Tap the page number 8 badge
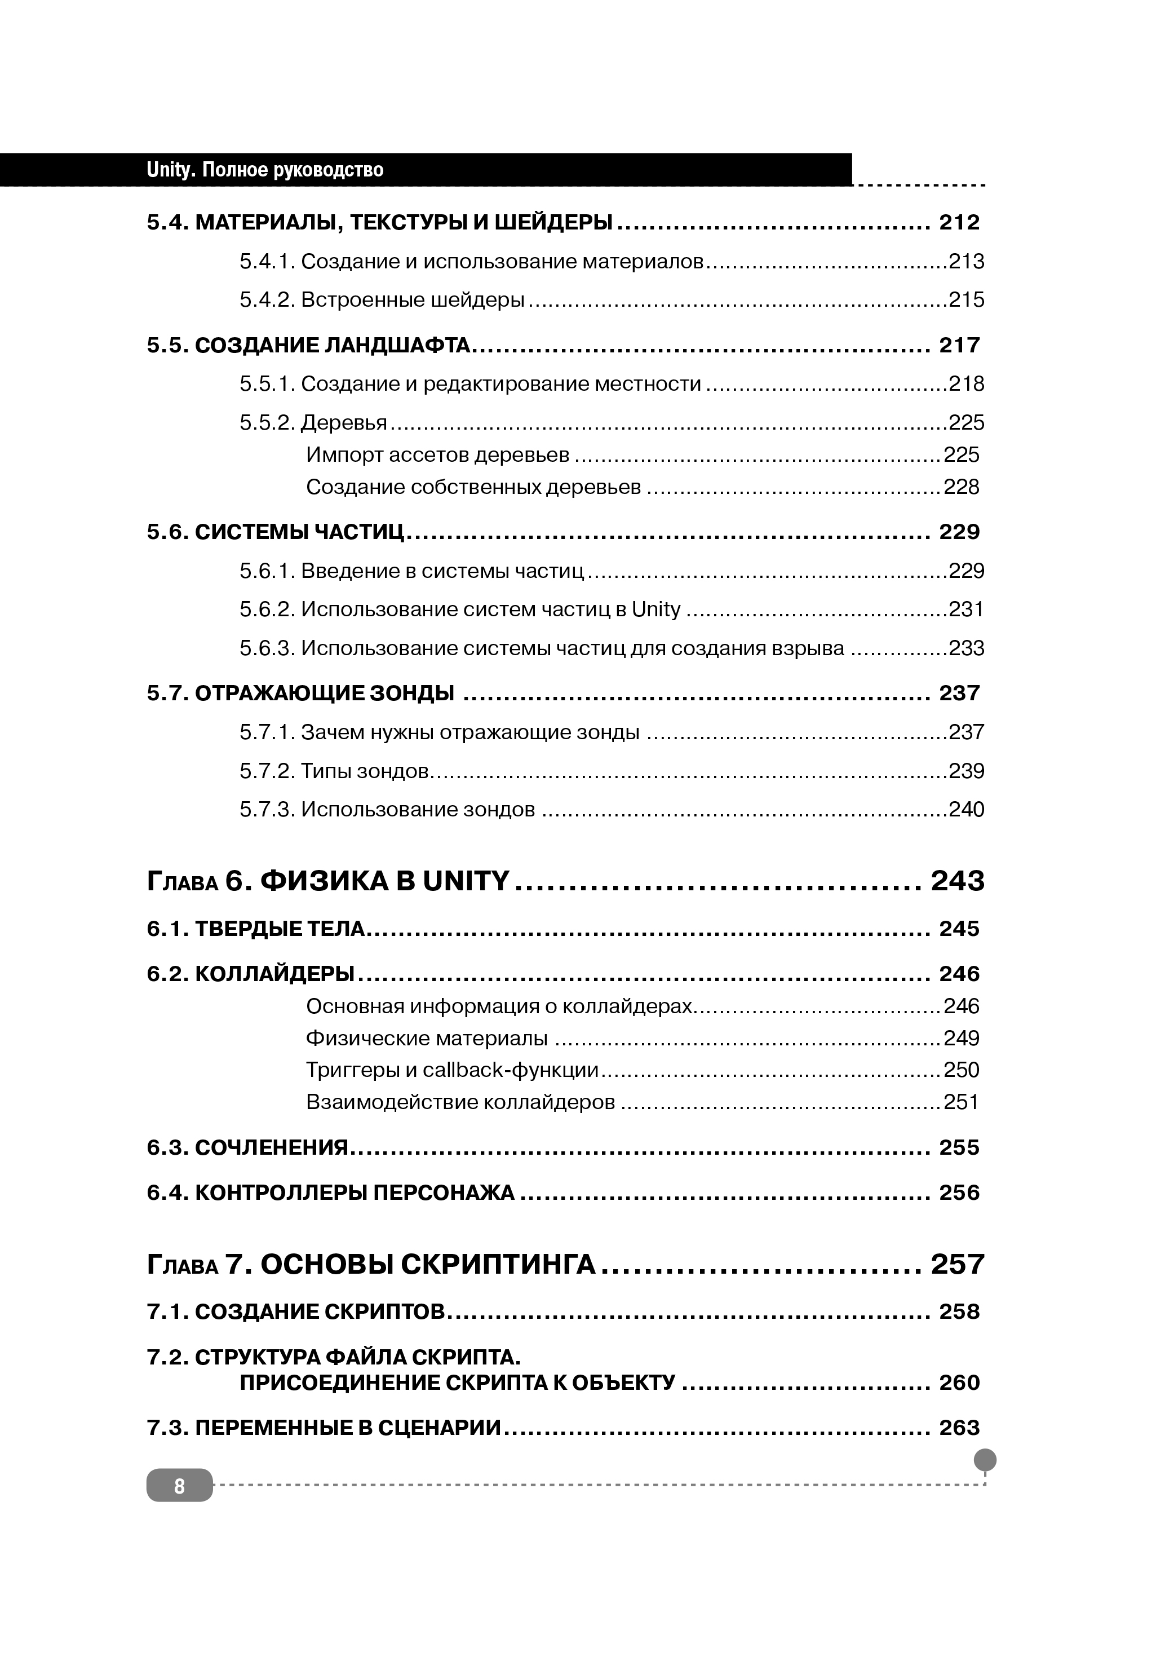(x=179, y=1486)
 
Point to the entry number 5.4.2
(x=267, y=299)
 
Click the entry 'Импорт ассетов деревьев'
(x=437, y=454)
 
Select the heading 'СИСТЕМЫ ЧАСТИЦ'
(x=299, y=532)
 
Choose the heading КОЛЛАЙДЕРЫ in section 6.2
(x=274, y=974)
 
